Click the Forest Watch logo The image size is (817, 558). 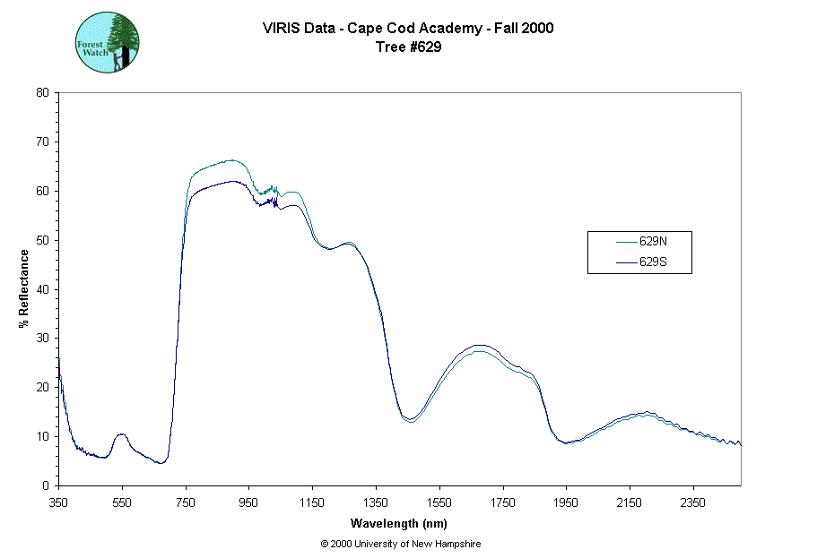point(108,42)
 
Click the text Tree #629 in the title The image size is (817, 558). point(408,47)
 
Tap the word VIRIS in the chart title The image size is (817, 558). point(282,28)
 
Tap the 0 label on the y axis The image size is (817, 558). point(47,485)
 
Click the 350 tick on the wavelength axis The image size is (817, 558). point(58,502)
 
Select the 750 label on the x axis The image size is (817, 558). point(186,502)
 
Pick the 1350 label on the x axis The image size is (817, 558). point(376,502)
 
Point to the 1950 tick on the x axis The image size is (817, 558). point(566,502)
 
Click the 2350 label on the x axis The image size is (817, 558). point(693,502)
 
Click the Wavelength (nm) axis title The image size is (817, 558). point(399,524)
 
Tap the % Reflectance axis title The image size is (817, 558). point(23,288)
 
